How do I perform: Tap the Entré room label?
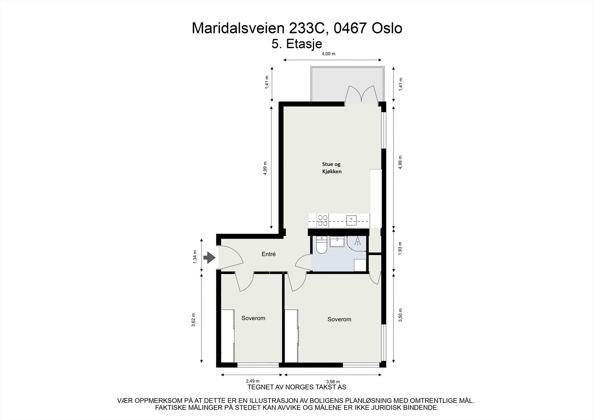click(268, 254)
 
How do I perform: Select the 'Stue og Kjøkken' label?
click(331, 168)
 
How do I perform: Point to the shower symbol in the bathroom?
click(358, 242)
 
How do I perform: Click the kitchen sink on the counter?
click(351, 220)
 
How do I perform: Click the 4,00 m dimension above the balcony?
click(328, 54)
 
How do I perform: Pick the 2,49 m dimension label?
click(252, 381)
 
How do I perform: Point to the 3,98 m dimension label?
click(333, 381)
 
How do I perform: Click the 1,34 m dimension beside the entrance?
click(195, 257)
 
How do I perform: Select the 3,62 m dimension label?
click(194, 320)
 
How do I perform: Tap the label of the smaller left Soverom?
click(253, 318)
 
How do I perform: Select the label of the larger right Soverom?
click(339, 319)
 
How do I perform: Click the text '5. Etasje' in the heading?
click(297, 44)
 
